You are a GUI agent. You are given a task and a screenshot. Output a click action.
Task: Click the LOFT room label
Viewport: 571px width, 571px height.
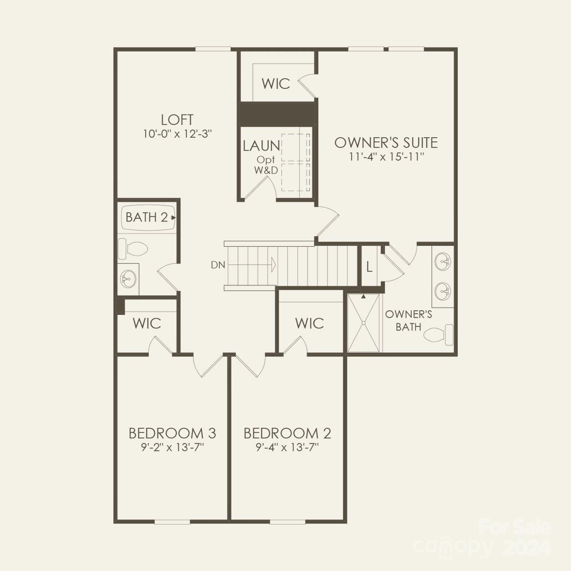click(x=177, y=120)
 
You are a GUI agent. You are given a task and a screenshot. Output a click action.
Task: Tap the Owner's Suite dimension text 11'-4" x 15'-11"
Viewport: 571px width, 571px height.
click(x=386, y=157)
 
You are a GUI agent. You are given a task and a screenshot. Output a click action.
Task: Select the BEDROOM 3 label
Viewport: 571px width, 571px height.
click(x=172, y=433)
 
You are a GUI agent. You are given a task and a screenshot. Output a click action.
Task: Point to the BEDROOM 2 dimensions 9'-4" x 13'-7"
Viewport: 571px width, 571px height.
click(x=287, y=447)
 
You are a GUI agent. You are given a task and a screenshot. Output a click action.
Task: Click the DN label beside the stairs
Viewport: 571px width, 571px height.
click(x=218, y=265)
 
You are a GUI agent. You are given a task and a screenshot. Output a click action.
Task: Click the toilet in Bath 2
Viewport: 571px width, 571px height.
click(x=133, y=249)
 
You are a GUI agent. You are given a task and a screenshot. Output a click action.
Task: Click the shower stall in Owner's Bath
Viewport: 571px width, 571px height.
click(x=364, y=323)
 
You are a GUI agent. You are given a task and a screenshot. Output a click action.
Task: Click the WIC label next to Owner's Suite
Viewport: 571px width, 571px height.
click(x=275, y=84)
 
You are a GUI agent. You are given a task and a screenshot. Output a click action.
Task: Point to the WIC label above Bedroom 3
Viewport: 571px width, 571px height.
click(x=146, y=323)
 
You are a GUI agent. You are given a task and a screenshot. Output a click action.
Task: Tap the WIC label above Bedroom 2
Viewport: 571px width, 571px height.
click(x=309, y=323)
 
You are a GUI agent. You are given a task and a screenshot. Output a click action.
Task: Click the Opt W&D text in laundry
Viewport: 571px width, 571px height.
click(x=266, y=165)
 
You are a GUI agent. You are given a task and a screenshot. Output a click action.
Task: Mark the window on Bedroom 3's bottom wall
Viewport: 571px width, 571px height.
click(x=172, y=522)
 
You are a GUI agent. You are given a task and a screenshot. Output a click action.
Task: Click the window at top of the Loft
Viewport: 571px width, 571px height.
click(x=213, y=49)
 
